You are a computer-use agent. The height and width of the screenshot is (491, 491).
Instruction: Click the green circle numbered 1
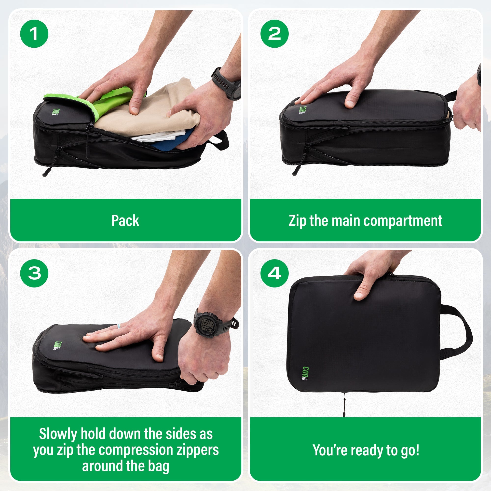(34, 34)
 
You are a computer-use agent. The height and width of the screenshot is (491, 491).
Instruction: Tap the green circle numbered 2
(274, 34)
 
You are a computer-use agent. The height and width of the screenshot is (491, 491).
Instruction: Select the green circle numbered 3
(34, 273)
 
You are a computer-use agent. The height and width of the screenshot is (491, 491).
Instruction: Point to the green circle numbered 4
(274, 273)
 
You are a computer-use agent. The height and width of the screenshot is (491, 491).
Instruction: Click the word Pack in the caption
(125, 221)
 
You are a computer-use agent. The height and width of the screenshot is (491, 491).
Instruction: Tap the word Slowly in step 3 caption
(58, 434)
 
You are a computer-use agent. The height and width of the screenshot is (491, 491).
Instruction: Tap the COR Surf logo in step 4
(305, 373)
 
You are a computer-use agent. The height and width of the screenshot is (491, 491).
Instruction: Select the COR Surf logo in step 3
(57, 345)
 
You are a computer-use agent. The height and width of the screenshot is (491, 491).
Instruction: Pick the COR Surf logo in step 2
(302, 110)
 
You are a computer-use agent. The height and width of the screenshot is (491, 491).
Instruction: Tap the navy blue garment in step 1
(168, 142)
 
